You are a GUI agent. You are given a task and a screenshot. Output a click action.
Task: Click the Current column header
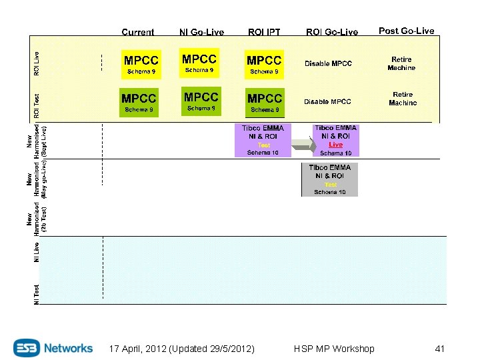click(138, 32)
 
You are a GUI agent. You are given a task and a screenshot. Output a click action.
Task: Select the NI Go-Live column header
click(201, 32)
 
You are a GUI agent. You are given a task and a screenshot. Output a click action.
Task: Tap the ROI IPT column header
click(264, 32)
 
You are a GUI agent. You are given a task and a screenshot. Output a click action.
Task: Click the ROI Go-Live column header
click(331, 32)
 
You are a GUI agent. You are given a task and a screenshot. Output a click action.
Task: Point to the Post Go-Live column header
click(406, 31)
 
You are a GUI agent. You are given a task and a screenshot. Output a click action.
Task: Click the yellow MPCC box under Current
click(141, 64)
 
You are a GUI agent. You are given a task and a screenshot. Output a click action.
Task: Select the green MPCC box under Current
click(139, 103)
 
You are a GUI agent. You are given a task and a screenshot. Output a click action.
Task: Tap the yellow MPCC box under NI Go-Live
click(199, 63)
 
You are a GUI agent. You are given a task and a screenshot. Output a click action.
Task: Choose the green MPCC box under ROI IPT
click(264, 103)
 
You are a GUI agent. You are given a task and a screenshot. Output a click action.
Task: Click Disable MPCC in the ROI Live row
click(328, 63)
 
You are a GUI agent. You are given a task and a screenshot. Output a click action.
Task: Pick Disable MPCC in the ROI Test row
click(327, 101)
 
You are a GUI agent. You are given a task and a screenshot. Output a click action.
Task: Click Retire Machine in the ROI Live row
click(401, 63)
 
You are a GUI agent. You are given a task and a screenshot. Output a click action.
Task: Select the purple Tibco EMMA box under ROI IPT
click(263, 140)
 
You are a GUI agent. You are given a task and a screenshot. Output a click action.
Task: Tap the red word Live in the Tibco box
click(335, 145)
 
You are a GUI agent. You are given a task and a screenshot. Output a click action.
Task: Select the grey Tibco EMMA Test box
click(329, 179)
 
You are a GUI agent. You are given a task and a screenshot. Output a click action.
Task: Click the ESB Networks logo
click(53, 347)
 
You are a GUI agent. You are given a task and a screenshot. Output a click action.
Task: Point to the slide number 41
click(439, 349)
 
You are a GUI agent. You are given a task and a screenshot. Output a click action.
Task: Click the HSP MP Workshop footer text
click(334, 349)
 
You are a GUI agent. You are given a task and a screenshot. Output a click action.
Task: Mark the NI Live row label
click(37, 252)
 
